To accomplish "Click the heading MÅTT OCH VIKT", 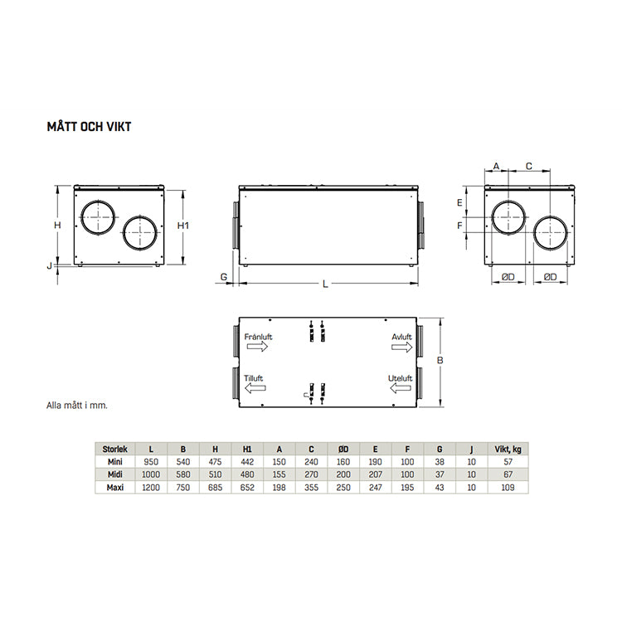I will click(x=90, y=127).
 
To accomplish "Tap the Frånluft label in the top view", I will click(x=259, y=338).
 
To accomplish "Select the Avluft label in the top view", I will click(x=401, y=338).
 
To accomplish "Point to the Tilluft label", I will click(x=254, y=378).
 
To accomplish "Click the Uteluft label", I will click(x=401, y=378).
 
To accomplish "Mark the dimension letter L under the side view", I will click(x=326, y=284).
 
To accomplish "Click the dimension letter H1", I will click(x=185, y=226).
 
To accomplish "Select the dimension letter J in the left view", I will click(x=50, y=265).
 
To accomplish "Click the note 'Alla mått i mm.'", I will click(x=77, y=406).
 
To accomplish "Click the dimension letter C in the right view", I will click(x=529, y=167).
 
